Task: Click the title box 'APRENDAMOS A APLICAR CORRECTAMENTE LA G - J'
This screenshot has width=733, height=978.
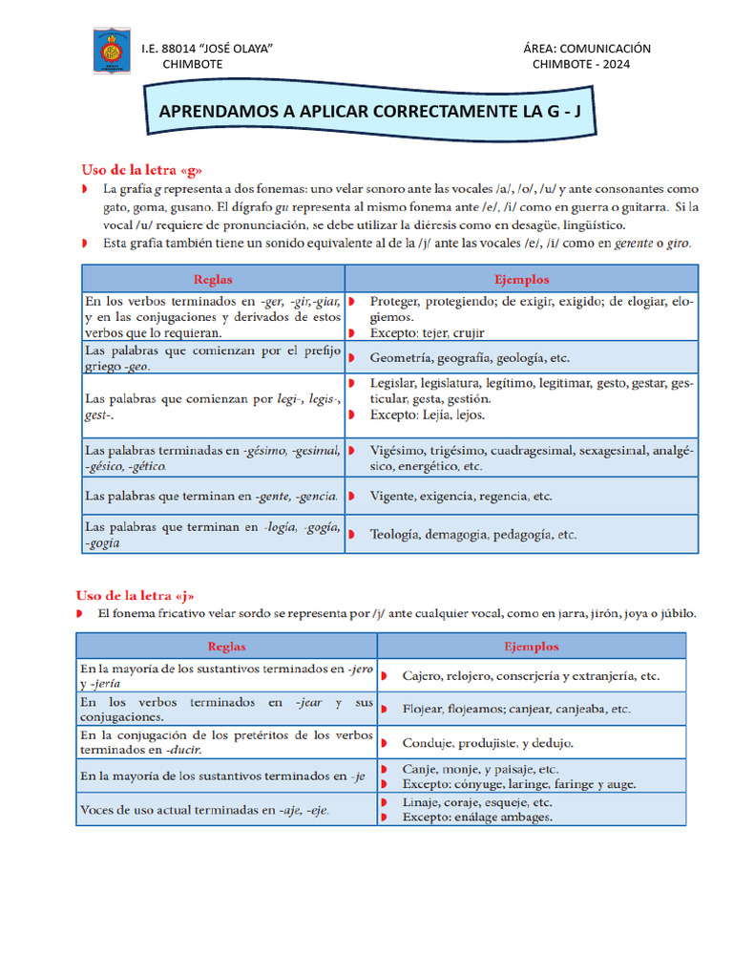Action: pyautogui.click(x=369, y=112)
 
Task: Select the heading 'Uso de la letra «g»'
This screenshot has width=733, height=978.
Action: pyautogui.click(x=141, y=169)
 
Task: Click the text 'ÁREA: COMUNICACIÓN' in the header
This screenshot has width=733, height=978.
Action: pyautogui.click(x=587, y=49)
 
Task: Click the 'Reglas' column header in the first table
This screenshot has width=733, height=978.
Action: pyautogui.click(x=213, y=280)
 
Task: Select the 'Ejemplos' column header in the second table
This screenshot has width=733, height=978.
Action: pyautogui.click(x=532, y=647)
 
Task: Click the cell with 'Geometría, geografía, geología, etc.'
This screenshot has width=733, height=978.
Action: pyautogui.click(x=470, y=358)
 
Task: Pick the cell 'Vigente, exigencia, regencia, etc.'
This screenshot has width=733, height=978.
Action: pyautogui.click(x=461, y=497)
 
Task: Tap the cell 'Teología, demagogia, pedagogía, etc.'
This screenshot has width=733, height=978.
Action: pyautogui.click(x=473, y=535)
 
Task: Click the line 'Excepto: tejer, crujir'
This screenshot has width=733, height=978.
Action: pyautogui.click(x=427, y=333)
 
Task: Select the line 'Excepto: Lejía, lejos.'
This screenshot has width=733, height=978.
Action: pyautogui.click(x=428, y=415)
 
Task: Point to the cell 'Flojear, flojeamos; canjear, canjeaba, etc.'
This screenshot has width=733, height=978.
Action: pyautogui.click(x=515, y=710)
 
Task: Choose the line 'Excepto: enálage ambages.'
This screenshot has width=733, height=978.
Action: pyautogui.click(x=477, y=818)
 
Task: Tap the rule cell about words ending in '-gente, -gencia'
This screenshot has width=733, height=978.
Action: pyautogui.click(x=211, y=497)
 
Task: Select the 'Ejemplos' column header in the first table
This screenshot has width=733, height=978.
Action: pyautogui.click(x=521, y=280)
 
